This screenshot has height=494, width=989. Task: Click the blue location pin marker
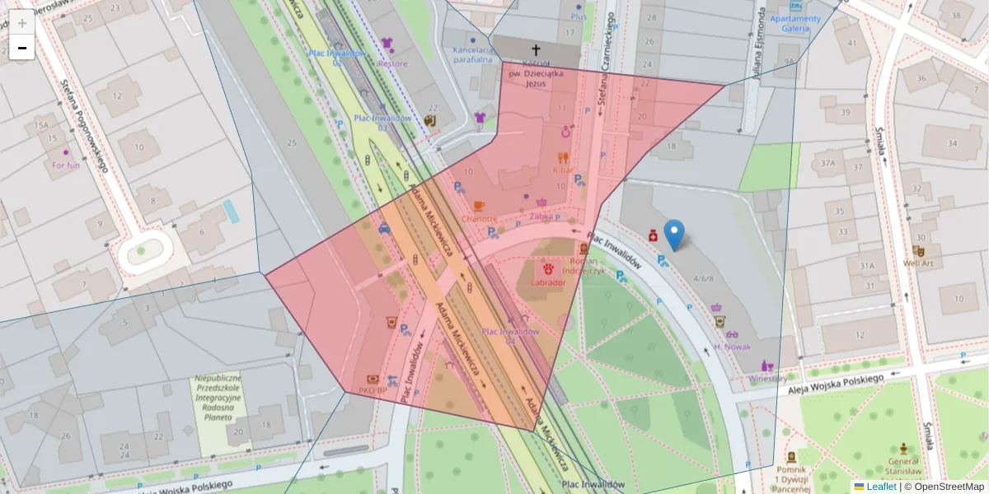(x=674, y=235)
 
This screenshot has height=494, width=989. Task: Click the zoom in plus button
(x=22, y=22)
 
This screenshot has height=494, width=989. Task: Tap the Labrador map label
(x=548, y=282)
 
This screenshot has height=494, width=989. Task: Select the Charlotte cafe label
(x=480, y=219)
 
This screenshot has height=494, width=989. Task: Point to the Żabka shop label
(x=541, y=217)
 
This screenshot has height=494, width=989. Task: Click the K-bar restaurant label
(x=564, y=170)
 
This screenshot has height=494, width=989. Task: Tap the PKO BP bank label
(x=373, y=389)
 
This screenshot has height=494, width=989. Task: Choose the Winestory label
(x=767, y=379)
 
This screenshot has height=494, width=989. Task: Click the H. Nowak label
(x=732, y=347)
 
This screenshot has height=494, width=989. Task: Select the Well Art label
(x=918, y=263)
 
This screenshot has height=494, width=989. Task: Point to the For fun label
(x=65, y=165)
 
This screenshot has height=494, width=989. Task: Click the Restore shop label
(x=391, y=63)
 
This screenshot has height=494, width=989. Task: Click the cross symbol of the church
(x=536, y=50)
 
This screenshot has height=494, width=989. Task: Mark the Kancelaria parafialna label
(x=472, y=54)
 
